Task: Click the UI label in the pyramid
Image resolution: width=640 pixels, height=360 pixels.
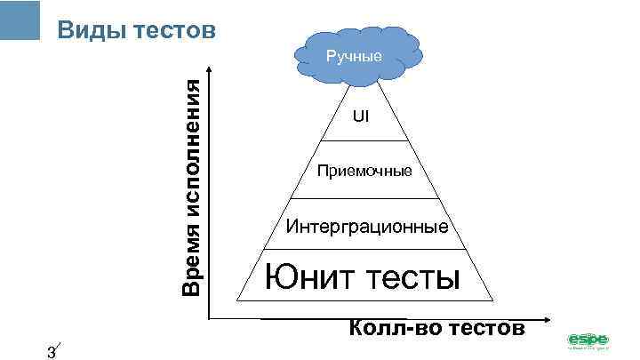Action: click(x=361, y=116)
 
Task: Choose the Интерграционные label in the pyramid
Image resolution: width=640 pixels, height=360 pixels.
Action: click(x=367, y=227)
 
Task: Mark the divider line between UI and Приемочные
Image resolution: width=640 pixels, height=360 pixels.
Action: click(x=361, y=140)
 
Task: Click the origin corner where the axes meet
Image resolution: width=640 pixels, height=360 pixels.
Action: click(x=211, y=317)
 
